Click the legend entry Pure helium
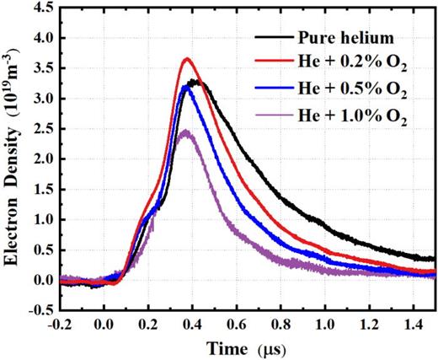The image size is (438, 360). coord(346,39)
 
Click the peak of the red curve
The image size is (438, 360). coord(187,59)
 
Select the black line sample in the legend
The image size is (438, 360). coord(270,39)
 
